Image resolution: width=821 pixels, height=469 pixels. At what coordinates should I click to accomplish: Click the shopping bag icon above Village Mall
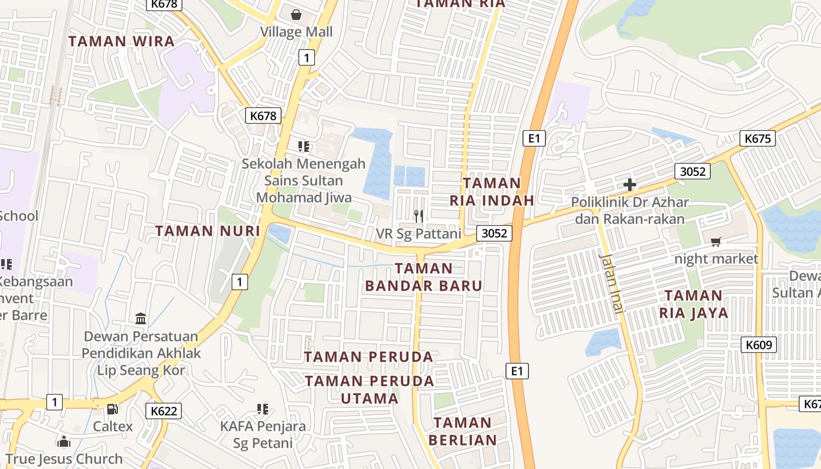296,14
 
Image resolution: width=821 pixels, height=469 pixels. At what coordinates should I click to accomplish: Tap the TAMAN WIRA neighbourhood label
121,42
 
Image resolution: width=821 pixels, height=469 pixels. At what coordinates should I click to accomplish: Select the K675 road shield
757,138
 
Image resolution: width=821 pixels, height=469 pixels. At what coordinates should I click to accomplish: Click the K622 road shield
164,411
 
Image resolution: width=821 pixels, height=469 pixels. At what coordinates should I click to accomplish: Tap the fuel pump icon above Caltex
112,409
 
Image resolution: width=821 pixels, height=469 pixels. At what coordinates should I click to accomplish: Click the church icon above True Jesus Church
64,441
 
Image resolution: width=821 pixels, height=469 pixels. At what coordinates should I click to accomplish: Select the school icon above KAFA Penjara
263,409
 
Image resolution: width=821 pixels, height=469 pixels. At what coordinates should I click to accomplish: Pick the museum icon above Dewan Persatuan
141,319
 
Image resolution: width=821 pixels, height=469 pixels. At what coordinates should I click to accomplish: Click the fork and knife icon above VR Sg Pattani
418,216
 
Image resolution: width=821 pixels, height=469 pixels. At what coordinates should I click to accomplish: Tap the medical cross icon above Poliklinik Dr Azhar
630,185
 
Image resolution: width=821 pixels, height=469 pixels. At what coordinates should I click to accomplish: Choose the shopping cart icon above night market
716,242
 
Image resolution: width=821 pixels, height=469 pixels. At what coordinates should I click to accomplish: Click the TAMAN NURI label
208,231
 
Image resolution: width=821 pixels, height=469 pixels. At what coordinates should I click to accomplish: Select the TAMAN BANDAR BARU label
423,277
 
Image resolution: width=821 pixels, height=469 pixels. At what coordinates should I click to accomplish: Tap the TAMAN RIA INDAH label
492,192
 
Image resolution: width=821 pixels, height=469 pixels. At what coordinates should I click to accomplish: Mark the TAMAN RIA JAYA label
694,304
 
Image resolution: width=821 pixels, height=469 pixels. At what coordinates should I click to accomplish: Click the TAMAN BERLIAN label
463,431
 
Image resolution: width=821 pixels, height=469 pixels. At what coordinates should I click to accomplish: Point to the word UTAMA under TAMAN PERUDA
369,399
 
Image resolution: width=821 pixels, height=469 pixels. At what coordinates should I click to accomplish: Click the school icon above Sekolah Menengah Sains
303,146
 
